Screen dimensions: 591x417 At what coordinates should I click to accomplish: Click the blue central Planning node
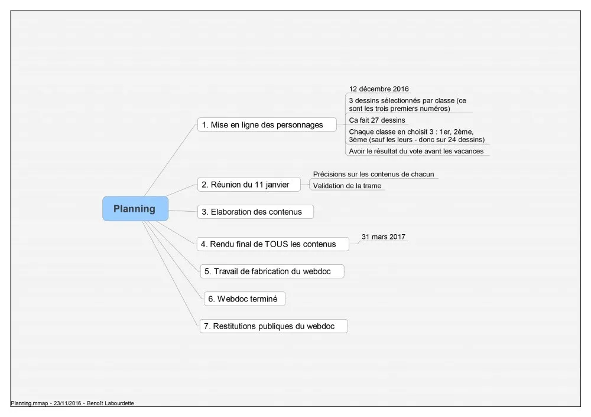(135, 208)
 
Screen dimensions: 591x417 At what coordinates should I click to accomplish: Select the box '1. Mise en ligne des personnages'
(267, 124)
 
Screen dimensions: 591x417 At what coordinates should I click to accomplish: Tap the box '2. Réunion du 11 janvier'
(249, 185)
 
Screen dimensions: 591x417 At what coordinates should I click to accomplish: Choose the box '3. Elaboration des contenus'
(255, 212)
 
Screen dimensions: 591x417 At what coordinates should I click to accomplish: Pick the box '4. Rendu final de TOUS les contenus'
(272, 244)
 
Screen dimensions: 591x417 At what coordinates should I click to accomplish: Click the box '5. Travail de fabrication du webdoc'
(272, 271)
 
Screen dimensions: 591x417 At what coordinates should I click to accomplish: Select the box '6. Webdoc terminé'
(245, 298)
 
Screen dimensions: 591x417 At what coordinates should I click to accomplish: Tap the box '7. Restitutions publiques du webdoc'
(274, 326)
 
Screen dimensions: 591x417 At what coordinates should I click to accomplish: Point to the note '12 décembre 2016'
(379, 88)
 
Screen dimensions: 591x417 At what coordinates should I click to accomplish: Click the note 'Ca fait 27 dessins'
(377, 120)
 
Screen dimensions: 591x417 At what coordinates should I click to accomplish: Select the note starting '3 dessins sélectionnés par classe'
(407, 104)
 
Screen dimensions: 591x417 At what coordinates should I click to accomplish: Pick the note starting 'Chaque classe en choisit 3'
(417, 136)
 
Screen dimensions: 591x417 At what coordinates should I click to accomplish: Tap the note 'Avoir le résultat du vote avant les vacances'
(416, 151)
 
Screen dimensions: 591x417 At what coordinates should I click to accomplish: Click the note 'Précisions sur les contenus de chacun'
(374, 174)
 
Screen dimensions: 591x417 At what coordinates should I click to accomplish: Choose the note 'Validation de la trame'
(347, 186)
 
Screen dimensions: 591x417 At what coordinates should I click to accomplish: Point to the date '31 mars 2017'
(384, 237)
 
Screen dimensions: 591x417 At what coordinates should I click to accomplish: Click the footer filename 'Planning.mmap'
(30, 403)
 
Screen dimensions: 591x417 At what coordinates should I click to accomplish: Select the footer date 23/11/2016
(67, 403)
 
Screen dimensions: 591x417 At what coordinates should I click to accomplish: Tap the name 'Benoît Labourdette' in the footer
(111, 403)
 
